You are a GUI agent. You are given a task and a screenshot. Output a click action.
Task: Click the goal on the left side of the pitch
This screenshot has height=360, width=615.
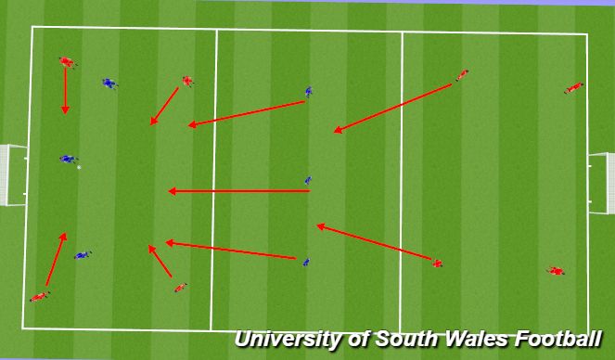[13, 174]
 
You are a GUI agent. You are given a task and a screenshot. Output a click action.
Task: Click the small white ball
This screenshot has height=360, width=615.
[79, 167]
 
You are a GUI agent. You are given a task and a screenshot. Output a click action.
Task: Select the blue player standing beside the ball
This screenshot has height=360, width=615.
[66, 160]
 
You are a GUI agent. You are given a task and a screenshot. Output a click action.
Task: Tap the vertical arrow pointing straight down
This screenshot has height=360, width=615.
[65, 91]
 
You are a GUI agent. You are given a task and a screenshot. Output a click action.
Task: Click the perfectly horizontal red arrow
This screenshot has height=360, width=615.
[238, 191]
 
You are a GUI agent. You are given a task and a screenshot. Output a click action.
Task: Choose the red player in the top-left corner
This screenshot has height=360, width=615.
[66, 62]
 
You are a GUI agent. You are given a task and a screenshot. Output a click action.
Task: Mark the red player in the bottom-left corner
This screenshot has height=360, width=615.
[39, 297]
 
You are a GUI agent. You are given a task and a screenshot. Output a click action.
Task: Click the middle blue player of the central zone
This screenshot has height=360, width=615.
[308, 181]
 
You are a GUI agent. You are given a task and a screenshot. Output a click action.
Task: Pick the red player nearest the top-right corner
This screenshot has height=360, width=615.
[574, 88]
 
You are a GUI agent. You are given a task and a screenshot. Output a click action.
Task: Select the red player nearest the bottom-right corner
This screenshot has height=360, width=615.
[556, 271]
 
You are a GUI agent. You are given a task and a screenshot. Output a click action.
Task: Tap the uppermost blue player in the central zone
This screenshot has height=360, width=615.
[309, 92]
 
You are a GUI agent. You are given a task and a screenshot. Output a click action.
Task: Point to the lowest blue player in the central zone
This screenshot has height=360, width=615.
[306, 263]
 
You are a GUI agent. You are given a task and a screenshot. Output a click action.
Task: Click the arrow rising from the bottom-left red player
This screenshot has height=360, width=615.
[56, 259]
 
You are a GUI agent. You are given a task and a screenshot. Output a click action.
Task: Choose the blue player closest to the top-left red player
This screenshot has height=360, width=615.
[109, 84]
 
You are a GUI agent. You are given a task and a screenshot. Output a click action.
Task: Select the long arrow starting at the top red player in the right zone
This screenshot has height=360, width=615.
[393, 108]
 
